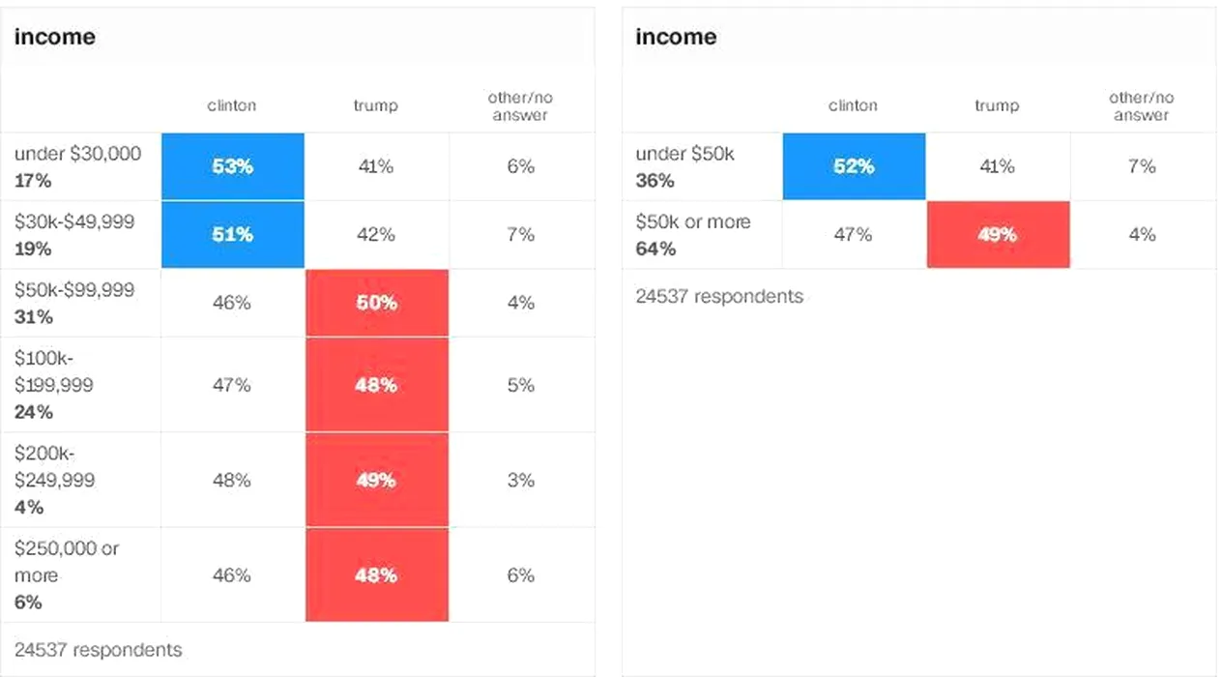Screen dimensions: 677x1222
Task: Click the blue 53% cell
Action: pyautogui.click(x=232, y=166)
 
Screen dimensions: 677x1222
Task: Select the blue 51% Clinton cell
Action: pyautogui.click(x=232, y=235)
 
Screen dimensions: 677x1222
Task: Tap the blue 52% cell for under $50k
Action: pyautogui.click(x=853, y=166)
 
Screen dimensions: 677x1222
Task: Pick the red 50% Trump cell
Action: pyautogui.click(x=376, y=303)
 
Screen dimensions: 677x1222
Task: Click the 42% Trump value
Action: pyautogui.click(x=376, y=235)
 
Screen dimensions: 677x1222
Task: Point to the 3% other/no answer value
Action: pyautogui.click(x=520, y=480)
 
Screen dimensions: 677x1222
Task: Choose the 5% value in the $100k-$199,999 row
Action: pyautogui.click(x=520, y=385)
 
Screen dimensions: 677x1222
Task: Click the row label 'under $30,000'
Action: pyautogui.click(x=77, y=154)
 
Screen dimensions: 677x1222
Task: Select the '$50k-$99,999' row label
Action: pyautogui.click(x=74, y=290)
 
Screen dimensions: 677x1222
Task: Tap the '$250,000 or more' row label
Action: pyautogui.click(x=66, y=561)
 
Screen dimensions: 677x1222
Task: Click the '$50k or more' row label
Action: pyautogui.click(x=692, y=222)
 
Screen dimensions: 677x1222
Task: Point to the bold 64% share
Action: pyautogui.click(x=655, y=250)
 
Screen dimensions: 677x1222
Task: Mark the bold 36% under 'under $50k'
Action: pyautogui.click(x=655, y=181)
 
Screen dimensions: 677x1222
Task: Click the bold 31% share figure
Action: pyautogui.click(x=33, y=317)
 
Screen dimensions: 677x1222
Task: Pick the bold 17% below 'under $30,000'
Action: pyautogui.click(x=33, y=181)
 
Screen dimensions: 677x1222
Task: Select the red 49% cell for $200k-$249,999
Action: pyautogui.click(x=376, y=480)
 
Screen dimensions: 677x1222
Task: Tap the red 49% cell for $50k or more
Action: pyautogui.click(x=997, y=235)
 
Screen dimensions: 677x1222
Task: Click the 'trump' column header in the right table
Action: pyautogui.click(x=997, y=105)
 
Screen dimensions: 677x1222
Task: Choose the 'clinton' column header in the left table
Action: pyautogui.click(x=232, y=105)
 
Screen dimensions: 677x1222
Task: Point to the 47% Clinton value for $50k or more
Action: pyautogui.click(x=853, y=235)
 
